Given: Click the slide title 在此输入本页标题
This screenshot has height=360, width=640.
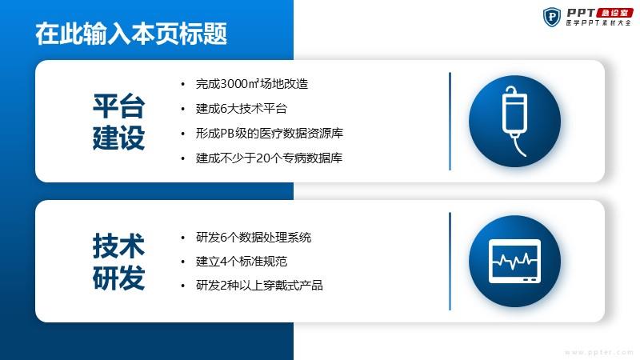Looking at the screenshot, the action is tap(131, 34).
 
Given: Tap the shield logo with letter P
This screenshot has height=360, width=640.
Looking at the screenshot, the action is tap(552, 17).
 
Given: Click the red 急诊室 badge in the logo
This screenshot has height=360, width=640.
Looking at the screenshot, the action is tap(614, 13).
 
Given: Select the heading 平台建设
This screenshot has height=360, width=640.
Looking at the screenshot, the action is tap(118, 122).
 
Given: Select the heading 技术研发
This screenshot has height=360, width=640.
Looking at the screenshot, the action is tap(118, 262).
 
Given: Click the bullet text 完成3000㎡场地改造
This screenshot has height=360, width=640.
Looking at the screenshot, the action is tap(252, 84).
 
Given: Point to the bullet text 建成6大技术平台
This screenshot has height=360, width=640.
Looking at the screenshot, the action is tap(242, 109).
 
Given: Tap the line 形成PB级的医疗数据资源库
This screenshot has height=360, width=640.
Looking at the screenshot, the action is tap(270, 134).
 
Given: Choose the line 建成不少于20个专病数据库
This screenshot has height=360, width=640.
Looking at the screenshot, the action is tap(269, 158).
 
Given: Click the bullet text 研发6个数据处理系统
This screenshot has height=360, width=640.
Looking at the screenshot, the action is tap(254, 238).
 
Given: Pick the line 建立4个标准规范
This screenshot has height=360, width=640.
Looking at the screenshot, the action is tap(242, 262).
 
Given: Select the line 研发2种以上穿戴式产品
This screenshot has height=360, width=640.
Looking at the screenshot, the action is tap(259, 286).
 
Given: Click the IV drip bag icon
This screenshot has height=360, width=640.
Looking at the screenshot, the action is tap(514, 122).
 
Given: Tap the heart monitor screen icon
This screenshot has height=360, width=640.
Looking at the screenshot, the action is tap(514, 262).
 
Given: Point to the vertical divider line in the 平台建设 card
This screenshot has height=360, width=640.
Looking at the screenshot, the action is tap(450, 122).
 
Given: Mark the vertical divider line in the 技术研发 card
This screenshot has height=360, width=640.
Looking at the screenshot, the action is tap(450, 262).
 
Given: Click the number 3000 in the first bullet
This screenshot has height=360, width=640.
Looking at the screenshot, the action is tap(234, 84).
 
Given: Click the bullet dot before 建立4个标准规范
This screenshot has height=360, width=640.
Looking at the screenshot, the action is tap(183, 262).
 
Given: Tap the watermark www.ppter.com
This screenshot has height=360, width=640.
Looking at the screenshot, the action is tap(598, 352).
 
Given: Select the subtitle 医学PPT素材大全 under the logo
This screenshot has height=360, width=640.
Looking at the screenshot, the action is tap(598, 23).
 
